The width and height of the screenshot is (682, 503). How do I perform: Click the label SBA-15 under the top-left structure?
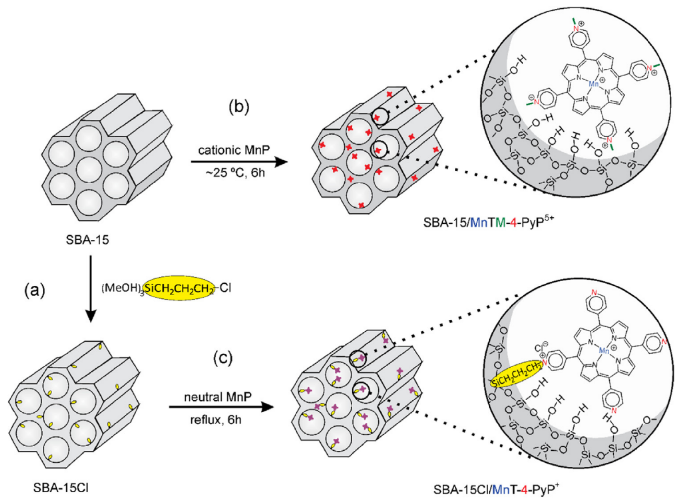tap(87, 240)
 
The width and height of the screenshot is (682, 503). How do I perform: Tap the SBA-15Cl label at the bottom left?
tap(61, 488)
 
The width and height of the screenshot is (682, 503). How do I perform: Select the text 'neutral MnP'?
tap(218, 397)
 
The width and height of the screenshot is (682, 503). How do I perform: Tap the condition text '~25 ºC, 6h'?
tap(234, 173)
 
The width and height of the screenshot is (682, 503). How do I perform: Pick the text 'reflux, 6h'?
tap(216, 420)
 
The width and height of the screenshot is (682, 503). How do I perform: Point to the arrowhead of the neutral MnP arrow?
tap(267, 407)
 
